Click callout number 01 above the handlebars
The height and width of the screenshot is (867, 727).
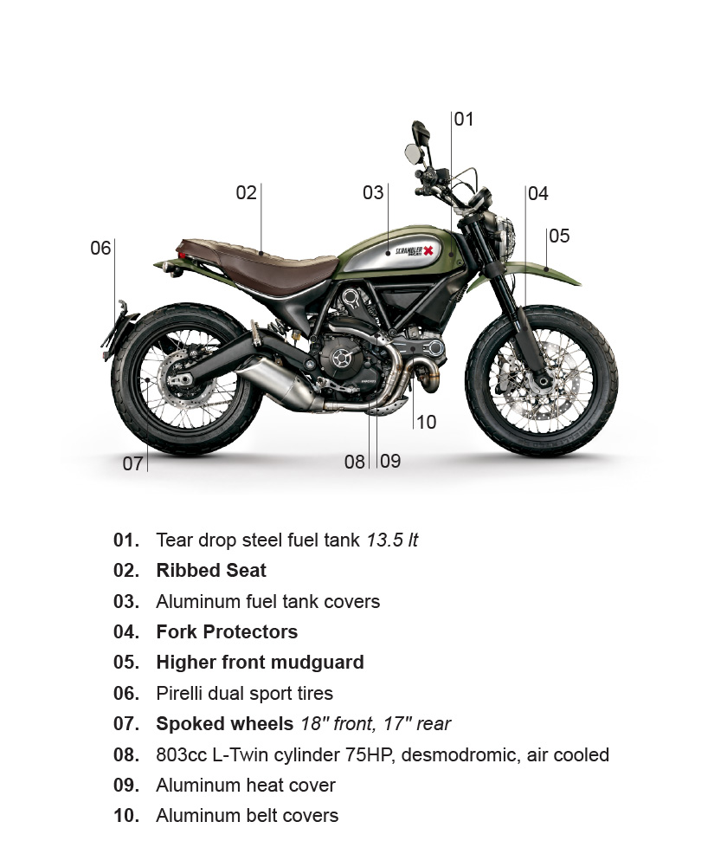464,119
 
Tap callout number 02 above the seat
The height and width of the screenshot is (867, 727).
246,192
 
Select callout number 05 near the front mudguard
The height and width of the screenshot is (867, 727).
559,236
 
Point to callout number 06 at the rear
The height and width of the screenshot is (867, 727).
100,248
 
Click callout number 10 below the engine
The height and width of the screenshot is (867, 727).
426,422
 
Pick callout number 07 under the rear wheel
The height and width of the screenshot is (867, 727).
132,463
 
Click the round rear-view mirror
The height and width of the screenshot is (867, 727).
413,152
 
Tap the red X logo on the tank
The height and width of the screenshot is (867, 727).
428,251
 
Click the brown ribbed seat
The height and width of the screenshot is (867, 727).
260,265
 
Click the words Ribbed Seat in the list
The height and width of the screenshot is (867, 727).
211,570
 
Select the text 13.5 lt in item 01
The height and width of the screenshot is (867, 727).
392,540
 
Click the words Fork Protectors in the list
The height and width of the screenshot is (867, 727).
227,631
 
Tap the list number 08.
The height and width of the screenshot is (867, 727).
126,754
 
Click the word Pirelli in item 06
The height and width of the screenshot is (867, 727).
177,693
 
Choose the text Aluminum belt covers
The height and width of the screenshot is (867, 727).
247,815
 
